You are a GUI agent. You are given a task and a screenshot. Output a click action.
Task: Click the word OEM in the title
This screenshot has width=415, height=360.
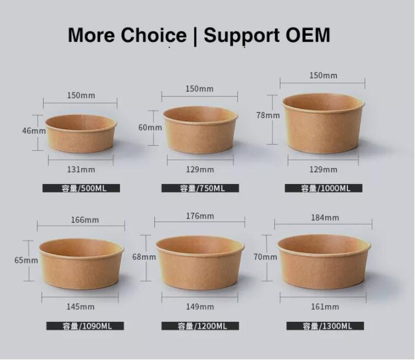tap(308, 34)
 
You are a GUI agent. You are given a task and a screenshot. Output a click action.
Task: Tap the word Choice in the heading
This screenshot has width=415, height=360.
tap(154, 35)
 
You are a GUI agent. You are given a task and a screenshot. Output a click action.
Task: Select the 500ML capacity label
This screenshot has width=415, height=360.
tap(81, 188)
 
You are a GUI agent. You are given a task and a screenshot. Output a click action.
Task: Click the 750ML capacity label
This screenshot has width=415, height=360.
tap(200, 188)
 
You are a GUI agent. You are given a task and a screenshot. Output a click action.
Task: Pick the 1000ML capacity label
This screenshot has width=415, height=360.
tap(323, 188)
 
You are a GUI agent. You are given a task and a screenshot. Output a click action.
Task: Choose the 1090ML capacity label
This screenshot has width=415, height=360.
tap(85, 326)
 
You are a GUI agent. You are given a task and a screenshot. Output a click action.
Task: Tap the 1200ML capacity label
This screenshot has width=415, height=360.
tap(200, 326)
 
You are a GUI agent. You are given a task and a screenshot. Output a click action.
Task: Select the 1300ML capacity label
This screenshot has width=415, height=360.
tap(325, 326)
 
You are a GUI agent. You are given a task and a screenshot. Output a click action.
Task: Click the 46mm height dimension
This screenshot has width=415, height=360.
tap(34, 130)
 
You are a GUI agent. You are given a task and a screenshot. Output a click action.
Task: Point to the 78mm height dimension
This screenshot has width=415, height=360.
tap(268, 115)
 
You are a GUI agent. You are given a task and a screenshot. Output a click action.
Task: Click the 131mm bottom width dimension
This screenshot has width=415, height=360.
tap(81, 169)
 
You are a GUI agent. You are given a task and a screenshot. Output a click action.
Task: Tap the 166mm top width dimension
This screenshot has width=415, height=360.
tap(85, 220)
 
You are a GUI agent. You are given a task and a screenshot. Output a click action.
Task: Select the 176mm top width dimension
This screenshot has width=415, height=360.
tap(200, 216)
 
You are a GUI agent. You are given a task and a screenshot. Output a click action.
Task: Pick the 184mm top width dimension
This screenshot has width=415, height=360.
tap(325, 217)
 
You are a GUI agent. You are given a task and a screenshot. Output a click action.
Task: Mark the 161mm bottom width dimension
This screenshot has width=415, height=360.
tap(325, 306)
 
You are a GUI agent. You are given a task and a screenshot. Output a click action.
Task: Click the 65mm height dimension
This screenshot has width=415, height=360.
tap(26, 260)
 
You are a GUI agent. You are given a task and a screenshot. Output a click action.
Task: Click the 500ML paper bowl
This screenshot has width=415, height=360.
tap(81, 134)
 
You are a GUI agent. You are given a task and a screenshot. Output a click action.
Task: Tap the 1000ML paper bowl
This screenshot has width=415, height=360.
tap(323, 123)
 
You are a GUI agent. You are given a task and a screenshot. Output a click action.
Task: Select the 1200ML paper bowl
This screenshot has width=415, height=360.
tap(200, 263)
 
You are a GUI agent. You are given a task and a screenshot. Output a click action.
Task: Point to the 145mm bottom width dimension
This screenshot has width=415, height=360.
tap(81, 306)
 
